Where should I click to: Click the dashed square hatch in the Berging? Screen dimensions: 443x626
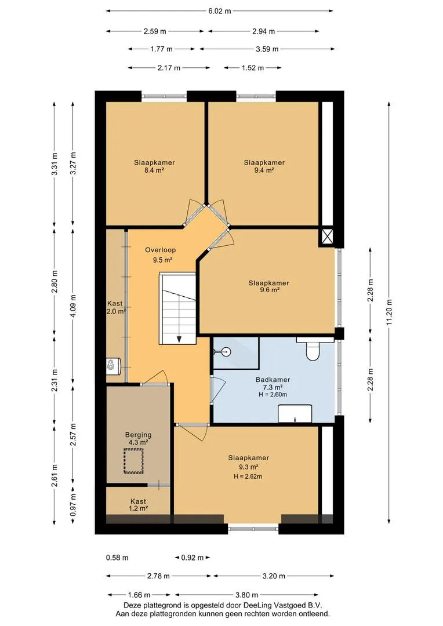(133, 461)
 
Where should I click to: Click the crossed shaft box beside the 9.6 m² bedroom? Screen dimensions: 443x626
(327, 236)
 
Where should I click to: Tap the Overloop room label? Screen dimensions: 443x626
(160, 250)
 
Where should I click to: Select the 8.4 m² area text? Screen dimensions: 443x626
(154, 170)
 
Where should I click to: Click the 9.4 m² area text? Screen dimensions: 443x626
(264, 170)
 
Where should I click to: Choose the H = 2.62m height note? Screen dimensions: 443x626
(248, 476)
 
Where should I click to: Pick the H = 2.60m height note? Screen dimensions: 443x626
(273, 395)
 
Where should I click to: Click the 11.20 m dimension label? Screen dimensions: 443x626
(390, 312)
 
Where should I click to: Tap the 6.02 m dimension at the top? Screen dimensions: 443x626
(219, 11)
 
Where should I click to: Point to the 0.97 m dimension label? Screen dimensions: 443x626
(73, 505)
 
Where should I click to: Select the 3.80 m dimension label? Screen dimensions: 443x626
(246, 595)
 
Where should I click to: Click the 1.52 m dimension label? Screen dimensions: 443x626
(252, 68)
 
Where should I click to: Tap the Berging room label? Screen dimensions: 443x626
(138, 435)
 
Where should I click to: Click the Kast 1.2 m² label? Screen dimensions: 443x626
(138, 505)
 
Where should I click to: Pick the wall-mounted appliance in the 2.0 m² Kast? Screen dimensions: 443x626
(113, 366)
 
